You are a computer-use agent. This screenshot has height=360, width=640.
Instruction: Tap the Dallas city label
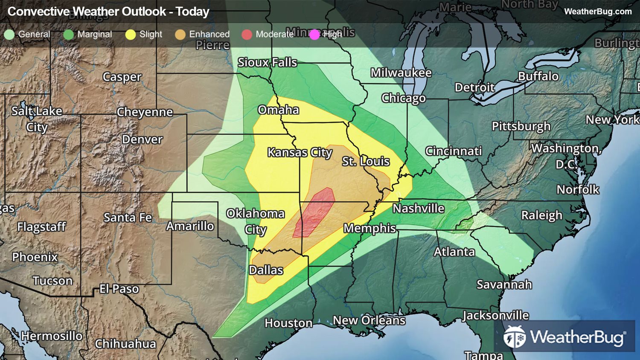(266, 270)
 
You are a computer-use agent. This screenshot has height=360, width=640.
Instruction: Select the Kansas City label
(300, 152)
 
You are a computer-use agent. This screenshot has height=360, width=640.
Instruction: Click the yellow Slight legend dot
(131, 35)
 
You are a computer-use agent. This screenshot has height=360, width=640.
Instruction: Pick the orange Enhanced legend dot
(180, 35)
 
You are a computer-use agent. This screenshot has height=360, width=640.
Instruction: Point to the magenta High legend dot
(314, 35)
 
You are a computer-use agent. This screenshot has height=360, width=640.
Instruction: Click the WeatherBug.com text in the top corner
(598, 12)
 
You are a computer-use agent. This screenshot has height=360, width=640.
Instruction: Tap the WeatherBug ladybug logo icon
(515, 337)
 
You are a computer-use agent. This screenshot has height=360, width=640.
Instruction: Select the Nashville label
(419, 208)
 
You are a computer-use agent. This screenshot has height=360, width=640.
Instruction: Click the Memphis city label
(370, 228)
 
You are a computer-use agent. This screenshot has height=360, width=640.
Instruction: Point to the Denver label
(142, 139)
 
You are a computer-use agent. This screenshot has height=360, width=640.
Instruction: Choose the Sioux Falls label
(267, 62)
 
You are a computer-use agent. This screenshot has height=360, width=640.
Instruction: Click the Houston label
(288, 323)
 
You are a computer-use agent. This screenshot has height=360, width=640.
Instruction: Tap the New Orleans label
(369, 320)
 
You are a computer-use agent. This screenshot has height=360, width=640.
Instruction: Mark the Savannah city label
(504, 284)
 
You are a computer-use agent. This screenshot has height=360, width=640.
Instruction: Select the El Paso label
(119, 289)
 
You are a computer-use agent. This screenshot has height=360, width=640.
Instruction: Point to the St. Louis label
(366, 161)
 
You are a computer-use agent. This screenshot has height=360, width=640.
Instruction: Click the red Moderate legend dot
(247, 35)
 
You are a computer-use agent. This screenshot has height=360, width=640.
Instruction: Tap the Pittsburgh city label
(521, 126)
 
